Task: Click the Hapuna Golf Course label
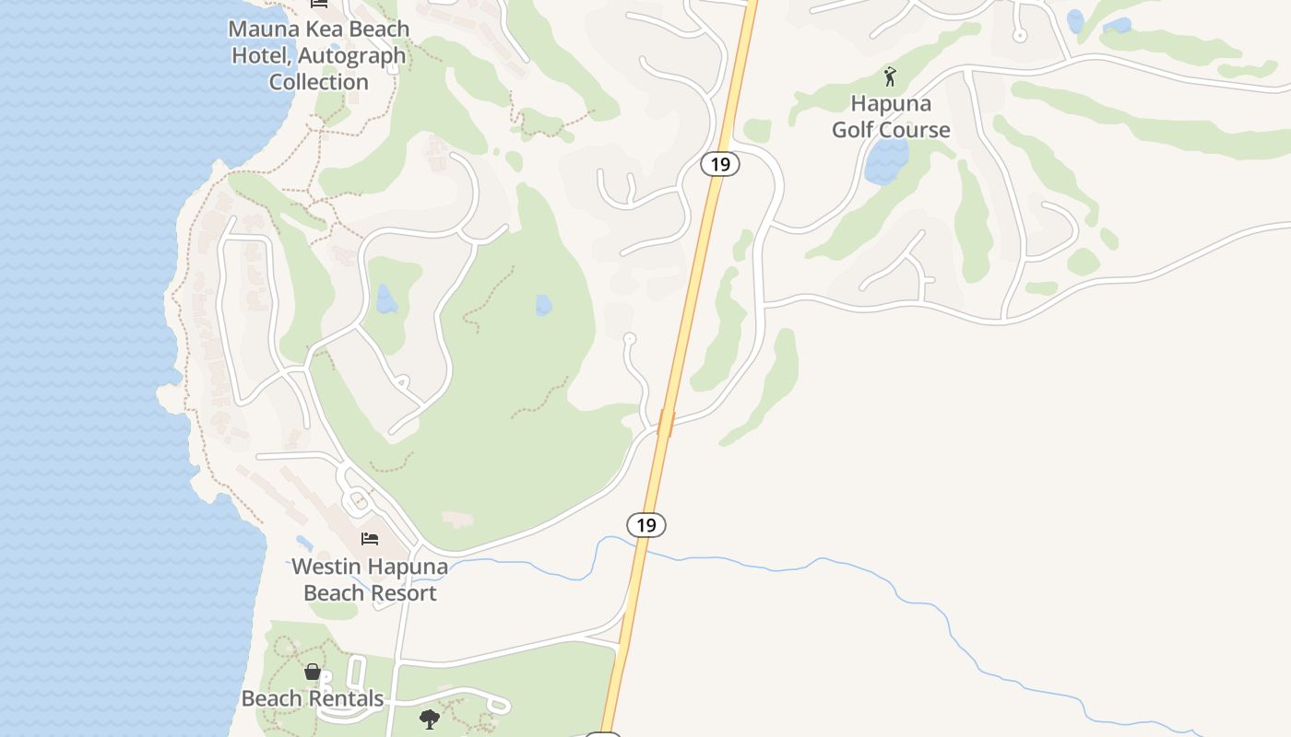891,116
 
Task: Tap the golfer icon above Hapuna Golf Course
890,76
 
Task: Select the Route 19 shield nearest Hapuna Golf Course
720,164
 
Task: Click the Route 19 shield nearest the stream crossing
646,525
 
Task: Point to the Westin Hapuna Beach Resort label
370,579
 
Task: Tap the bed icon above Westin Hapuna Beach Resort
370,539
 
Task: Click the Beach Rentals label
313,698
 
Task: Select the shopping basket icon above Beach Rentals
313,672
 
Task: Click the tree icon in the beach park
429,719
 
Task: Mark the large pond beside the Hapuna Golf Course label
887,162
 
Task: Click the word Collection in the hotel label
319,82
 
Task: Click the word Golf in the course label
854,130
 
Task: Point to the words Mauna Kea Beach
319,29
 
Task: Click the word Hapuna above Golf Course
891,103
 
